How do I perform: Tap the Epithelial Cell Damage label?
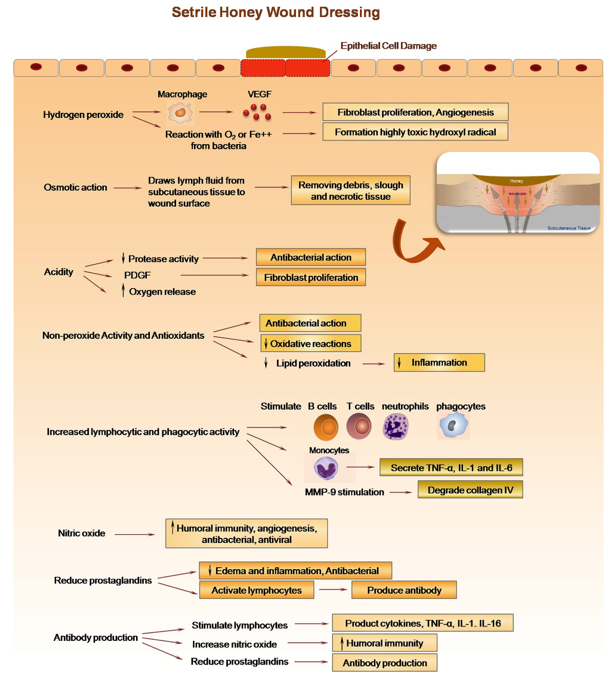[x=388, y=46]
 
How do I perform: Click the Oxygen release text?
[x=162, y=292]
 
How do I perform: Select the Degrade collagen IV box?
[x=470, y=490]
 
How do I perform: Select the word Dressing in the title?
[x=349, y=12]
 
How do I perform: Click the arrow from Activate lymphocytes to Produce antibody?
[x=333, y=590]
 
